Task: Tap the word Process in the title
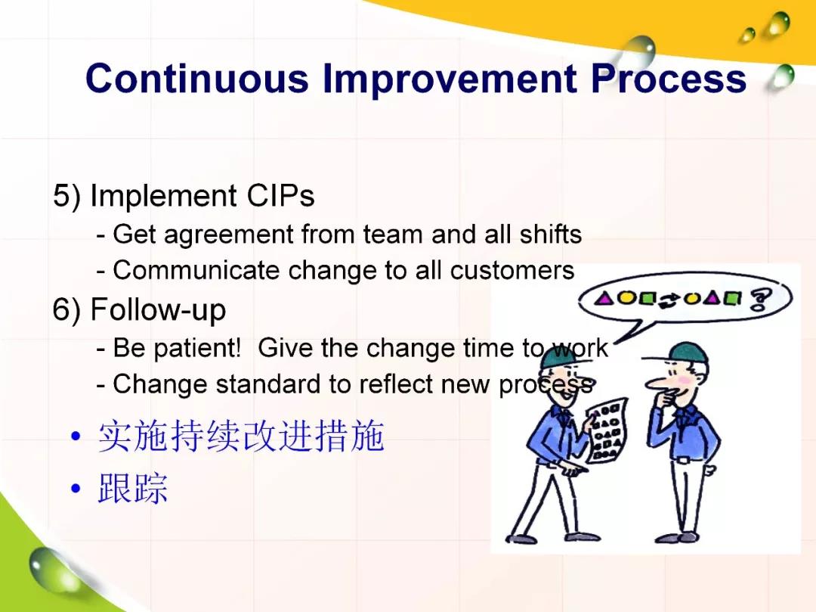coord(669,78)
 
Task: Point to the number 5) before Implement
coord(67,196)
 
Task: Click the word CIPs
coord(280,196)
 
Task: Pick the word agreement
coord(229,235)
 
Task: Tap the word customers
coord(512,270)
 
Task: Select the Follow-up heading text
coord(158,310)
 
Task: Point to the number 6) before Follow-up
coord(67,309)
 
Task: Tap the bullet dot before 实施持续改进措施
coord(76,436)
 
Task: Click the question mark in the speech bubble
coord(760,300)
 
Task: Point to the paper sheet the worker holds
coord(607,430)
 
